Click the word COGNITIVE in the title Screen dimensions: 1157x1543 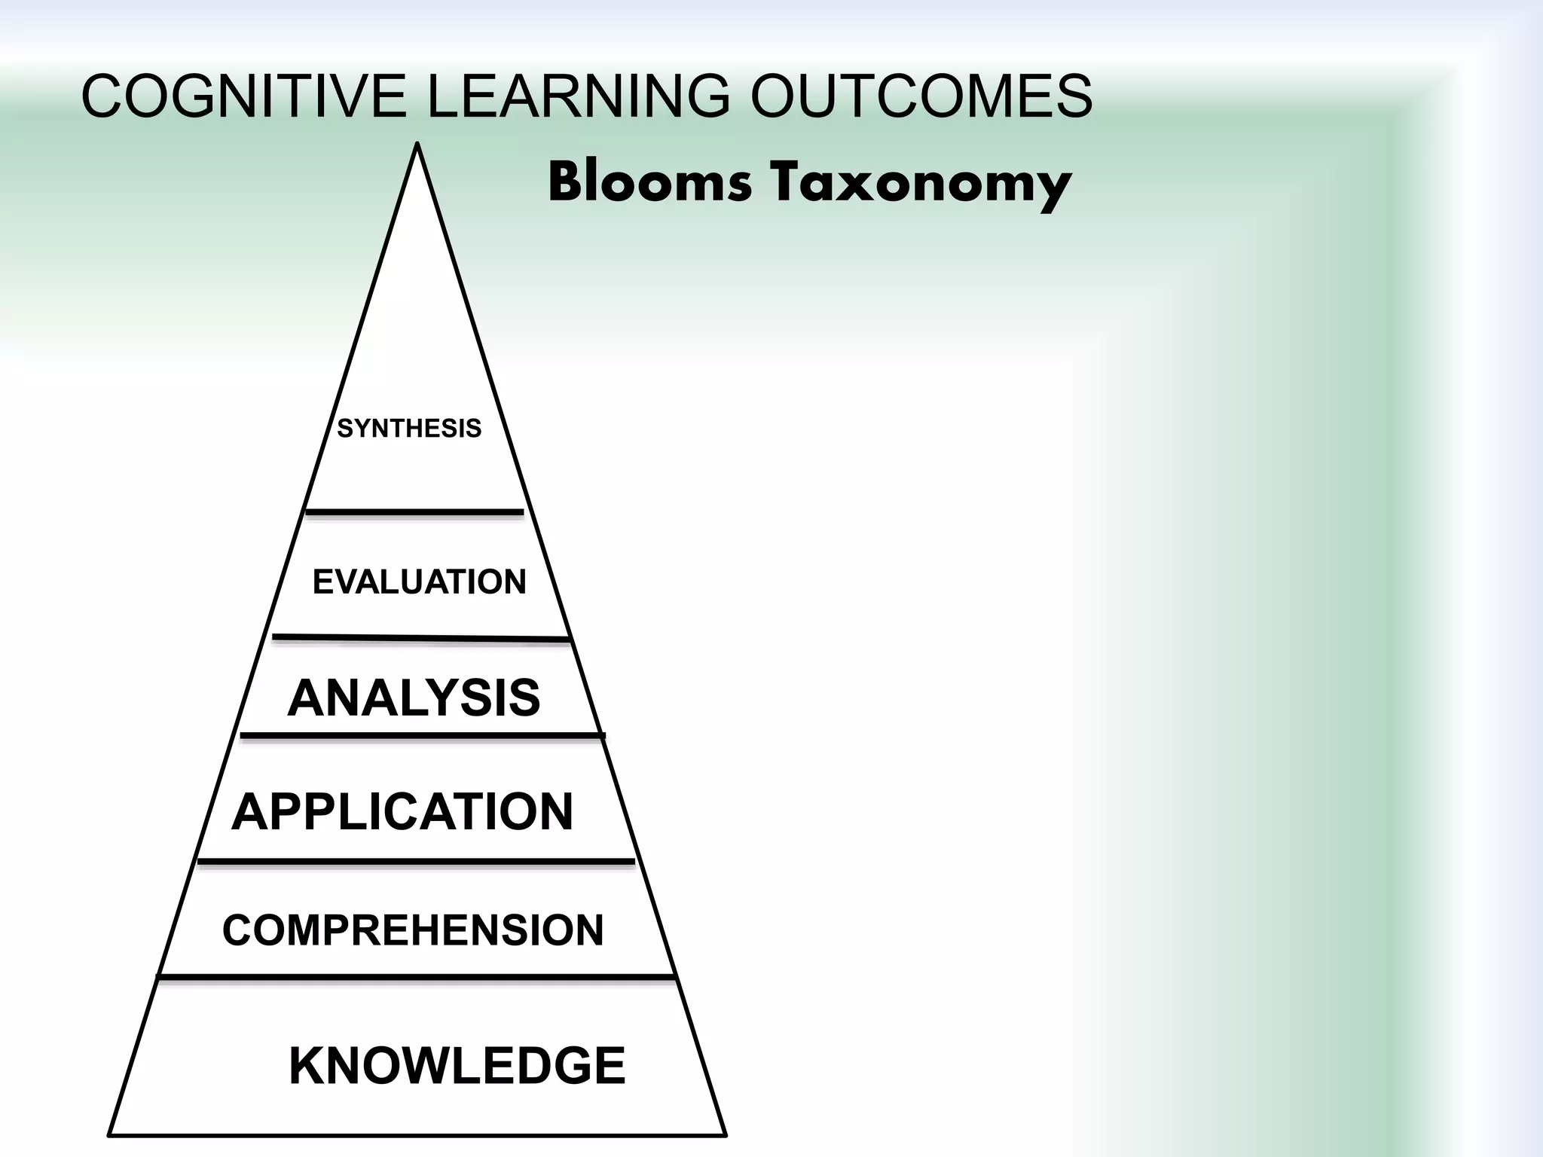(243, 96)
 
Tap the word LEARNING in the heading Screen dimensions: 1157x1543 (579, 96)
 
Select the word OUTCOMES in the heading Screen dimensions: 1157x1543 (921, 96)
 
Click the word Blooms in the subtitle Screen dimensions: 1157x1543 (649, 183)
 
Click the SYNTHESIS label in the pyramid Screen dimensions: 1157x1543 (409, 429)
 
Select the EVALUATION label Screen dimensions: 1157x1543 (419, 582)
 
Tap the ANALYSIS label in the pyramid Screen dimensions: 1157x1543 (414, 698)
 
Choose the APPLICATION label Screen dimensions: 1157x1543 (402, 812)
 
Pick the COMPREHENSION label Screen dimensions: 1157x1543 (413, 930)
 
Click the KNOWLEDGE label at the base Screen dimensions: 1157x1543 (457, 1066)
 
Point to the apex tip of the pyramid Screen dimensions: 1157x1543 (417, 145)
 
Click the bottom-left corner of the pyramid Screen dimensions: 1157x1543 (110, 1134)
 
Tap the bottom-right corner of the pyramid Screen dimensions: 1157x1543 (725, 1134)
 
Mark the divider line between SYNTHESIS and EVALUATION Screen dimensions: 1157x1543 (414, 512)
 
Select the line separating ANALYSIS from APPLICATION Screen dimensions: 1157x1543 (422, 734)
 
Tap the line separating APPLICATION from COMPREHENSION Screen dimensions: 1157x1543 (416, 860)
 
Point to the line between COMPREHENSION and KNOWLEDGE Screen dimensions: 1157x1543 (416, 977)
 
